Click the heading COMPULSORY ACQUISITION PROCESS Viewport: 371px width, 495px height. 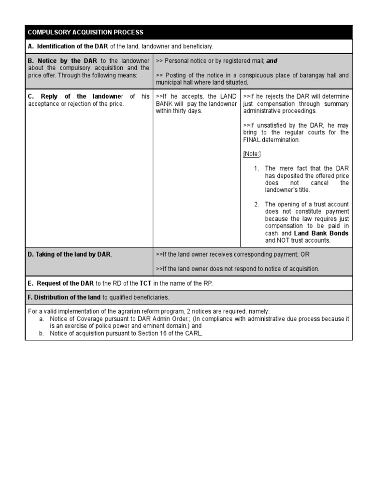click(86, 32)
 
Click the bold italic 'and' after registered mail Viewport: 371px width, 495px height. click(272, 61)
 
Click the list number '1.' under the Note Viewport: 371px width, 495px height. click(257, 168)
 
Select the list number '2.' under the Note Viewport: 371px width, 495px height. click(257, 204)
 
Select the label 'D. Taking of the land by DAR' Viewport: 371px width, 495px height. click(70, 254)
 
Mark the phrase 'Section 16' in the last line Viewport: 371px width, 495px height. click(154, 334)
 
